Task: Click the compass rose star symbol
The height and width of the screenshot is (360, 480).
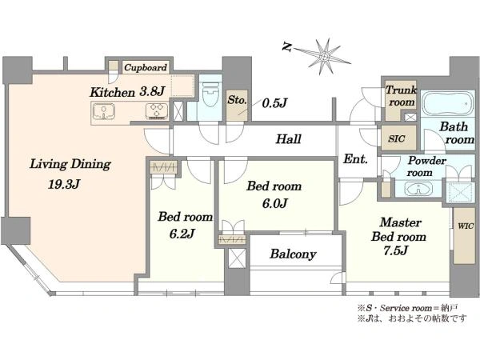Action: click(x=323, y=57)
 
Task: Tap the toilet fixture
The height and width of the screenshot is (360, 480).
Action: click(x=210, y=92)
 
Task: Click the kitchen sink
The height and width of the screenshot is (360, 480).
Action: click(x=103, y=111)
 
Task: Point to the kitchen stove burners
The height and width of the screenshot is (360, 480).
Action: click(x=157, y=111)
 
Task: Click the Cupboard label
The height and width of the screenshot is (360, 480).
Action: click(x=146, y=67)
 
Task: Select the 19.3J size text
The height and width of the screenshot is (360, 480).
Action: click(x=64, y=184)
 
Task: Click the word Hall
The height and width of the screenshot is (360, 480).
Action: click(x=288, y=139)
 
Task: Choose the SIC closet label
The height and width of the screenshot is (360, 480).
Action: click(x=397, y=138)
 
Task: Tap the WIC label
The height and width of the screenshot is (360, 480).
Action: click(x=466, y=226)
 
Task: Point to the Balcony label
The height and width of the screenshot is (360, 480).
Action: click(x=293, y=254)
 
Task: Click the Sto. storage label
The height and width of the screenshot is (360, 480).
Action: click(x=237, y=100)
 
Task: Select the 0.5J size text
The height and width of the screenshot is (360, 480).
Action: click(x=274, y=103)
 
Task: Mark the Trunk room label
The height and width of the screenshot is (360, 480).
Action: click(x=401, y=96)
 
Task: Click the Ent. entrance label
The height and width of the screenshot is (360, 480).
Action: click(x=355, y=159)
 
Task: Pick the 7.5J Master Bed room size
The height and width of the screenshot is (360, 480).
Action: click(x=395, y=250)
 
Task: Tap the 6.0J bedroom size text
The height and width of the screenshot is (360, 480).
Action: click(x=274, y=203)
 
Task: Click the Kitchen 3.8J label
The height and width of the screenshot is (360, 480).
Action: click(x=127, y=92)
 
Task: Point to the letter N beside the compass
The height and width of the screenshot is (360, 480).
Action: click(x=286, y=47)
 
